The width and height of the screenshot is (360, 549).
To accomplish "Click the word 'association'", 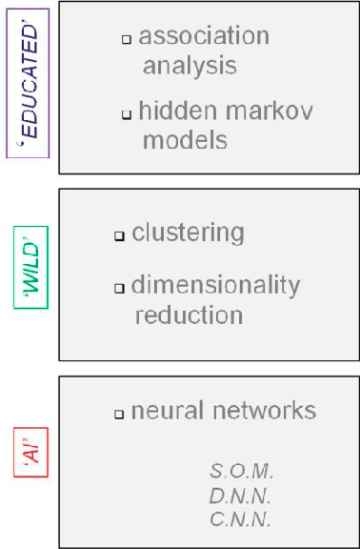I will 204,37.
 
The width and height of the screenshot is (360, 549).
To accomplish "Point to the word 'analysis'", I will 190,66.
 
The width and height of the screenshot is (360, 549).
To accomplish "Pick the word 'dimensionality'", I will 215,284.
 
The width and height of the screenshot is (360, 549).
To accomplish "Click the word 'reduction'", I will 189,314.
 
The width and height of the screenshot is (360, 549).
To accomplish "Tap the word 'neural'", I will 168,411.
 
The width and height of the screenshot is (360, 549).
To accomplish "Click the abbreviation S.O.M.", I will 241,471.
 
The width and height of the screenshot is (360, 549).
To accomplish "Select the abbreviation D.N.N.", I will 240,496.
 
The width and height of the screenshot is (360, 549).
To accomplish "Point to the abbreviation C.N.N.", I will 240,519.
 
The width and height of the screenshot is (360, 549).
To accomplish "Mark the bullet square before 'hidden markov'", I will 126,115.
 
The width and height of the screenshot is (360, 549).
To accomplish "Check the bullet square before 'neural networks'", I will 119,415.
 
